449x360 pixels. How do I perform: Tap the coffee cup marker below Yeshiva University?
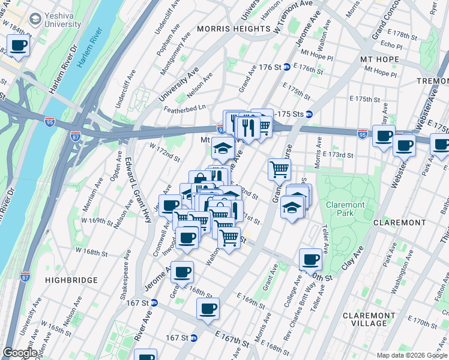click(x=19, y=45)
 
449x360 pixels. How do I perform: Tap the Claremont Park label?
click(x=345, y=209)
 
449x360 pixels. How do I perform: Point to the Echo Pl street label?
click(x=391, y=45)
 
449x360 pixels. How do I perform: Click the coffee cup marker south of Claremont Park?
click(x=310, y=259)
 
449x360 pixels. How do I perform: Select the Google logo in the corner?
click(x=20, y=353)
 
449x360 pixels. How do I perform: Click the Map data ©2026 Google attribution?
click(x=411, y=355)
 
